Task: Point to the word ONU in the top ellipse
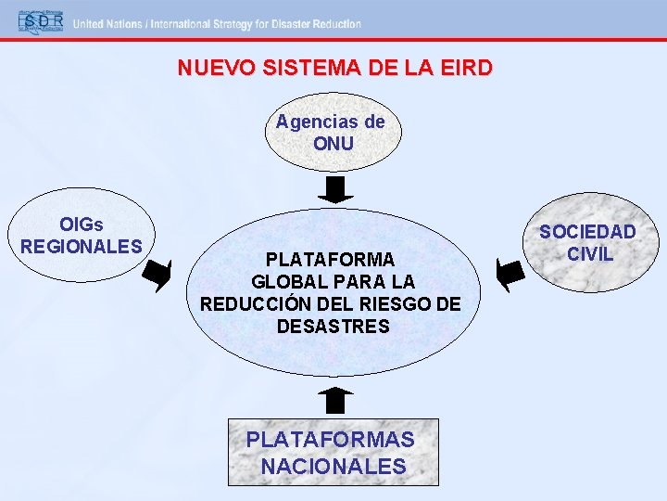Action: click(333, 144)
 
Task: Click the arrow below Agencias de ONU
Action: click(335, 189)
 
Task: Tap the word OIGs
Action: click(82, 225)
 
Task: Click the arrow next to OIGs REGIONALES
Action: click(159, 275)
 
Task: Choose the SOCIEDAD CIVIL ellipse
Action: click(588, 242)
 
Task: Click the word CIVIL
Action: click(590, 253)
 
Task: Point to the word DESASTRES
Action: click(333, 327)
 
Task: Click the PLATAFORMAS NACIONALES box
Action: click(333, 452)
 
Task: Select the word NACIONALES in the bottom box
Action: click(333, 466)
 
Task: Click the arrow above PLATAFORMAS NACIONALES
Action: click(335, 400)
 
